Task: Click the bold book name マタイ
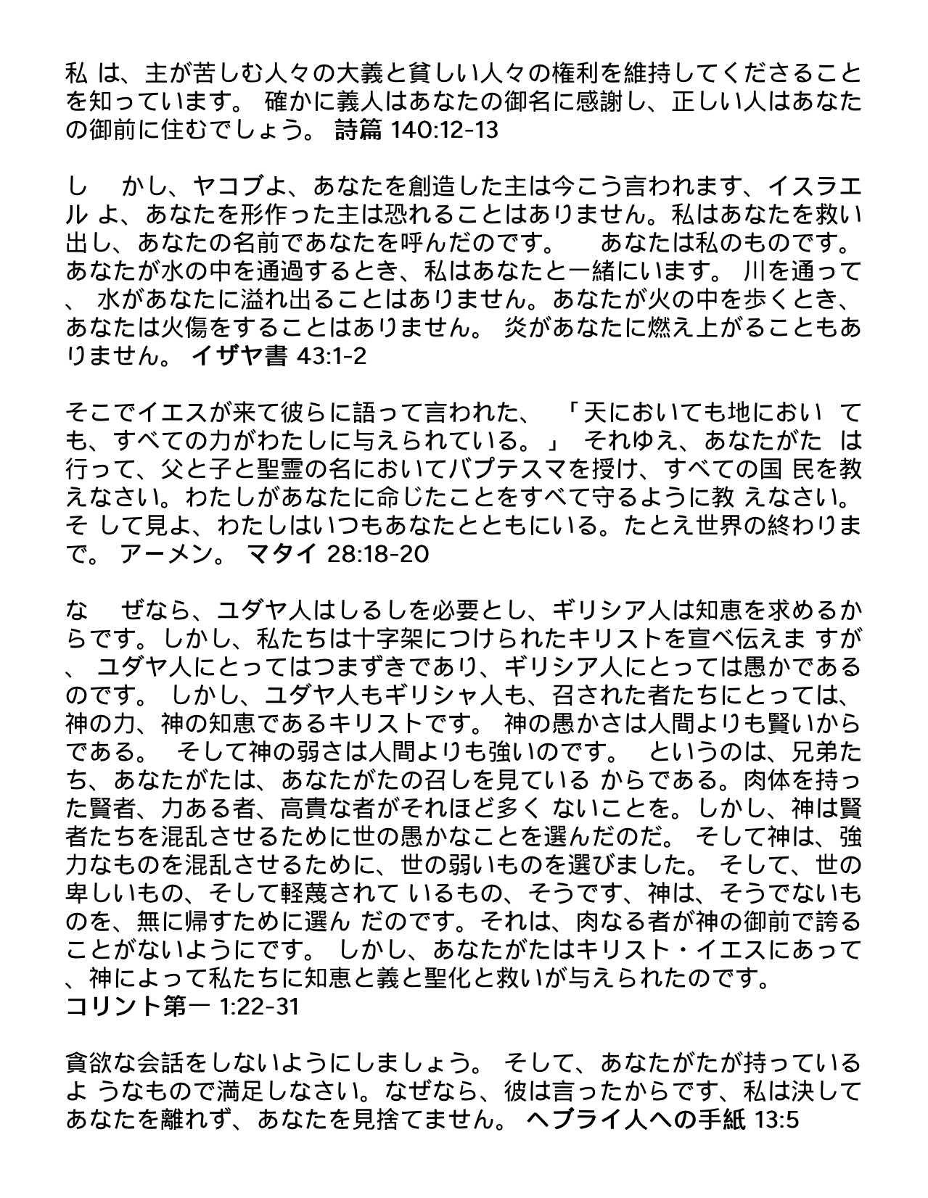pyautogui.click(x=282, y=554)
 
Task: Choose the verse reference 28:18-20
pyautogui.click(x=378, y=554)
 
